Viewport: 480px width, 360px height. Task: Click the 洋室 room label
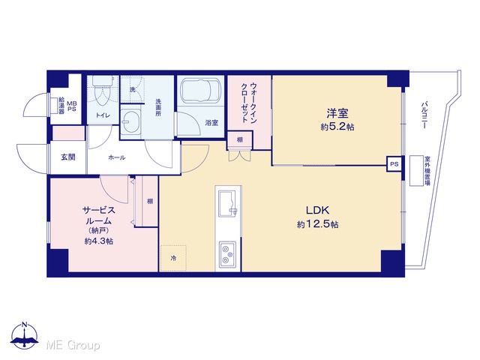[337, 113]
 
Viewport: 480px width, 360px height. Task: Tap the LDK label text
[317, 210]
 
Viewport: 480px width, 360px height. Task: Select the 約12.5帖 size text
[318, 224]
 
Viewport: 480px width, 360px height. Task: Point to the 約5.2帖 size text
[337, 127]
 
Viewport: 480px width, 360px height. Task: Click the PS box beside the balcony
[394, 164]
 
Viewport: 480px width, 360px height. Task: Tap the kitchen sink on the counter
[226, 202]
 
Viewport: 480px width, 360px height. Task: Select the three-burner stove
[227, 253]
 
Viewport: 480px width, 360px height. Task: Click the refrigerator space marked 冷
[173, 258]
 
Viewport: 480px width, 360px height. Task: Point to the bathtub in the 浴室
[200, 91]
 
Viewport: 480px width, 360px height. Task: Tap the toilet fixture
[103, 91]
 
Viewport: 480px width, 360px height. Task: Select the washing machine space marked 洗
[132, 89]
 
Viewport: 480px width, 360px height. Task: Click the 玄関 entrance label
[68, 157]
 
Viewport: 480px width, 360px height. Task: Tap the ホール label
[117, 157]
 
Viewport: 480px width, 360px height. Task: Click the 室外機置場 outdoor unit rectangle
[415, 170]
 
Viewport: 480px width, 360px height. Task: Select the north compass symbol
[24, 336]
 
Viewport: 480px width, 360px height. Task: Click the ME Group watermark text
[73, 345]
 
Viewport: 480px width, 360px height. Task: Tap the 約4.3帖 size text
[98, 241]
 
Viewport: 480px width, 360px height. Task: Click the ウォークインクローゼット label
[249, 103]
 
